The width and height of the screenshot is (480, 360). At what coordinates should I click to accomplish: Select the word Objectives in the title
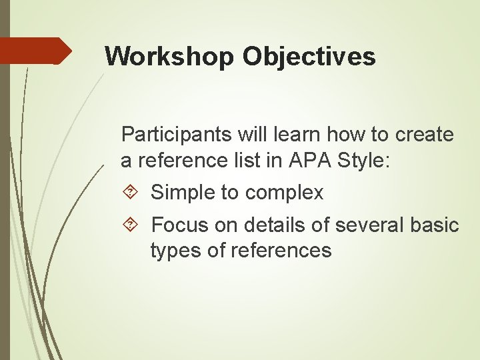(x=309, y=56)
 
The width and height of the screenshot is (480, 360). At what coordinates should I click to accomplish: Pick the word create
(x=425, y=135)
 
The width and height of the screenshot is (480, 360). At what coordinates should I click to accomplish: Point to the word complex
(x=284, y=193)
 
